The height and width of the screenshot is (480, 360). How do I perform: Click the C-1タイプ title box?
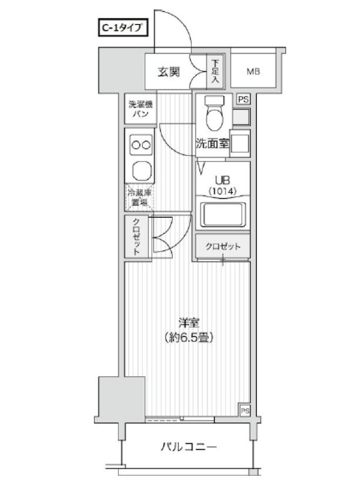[123, 28]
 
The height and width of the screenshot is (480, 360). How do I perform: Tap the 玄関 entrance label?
[169, 72]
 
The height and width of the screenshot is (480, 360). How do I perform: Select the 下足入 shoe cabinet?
[215, 72]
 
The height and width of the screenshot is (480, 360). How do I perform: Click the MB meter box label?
[253, 71]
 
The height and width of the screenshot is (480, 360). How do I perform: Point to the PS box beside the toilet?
[244, 99]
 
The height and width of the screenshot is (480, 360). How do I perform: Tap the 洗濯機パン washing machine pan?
[140, 109]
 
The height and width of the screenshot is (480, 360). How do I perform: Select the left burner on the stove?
[136, 145]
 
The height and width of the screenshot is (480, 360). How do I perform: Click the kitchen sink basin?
[142, 171]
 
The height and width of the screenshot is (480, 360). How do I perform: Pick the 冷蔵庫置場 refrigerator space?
[139, 197]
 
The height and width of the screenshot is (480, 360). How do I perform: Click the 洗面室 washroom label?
[212, 143]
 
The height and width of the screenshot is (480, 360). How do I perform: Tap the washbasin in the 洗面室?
[240, 143]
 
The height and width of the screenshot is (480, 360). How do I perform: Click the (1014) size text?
[223, 191]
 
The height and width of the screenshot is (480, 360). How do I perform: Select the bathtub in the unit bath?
[223, 215]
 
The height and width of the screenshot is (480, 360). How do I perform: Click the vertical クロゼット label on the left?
[137, 236]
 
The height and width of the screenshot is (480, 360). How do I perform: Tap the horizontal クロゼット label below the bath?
[223, 246]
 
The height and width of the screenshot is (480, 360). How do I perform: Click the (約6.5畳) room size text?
[188, 337]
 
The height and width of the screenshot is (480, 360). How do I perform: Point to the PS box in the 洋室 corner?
[245, 410]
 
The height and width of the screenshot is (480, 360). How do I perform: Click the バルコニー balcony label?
[188, 447]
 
